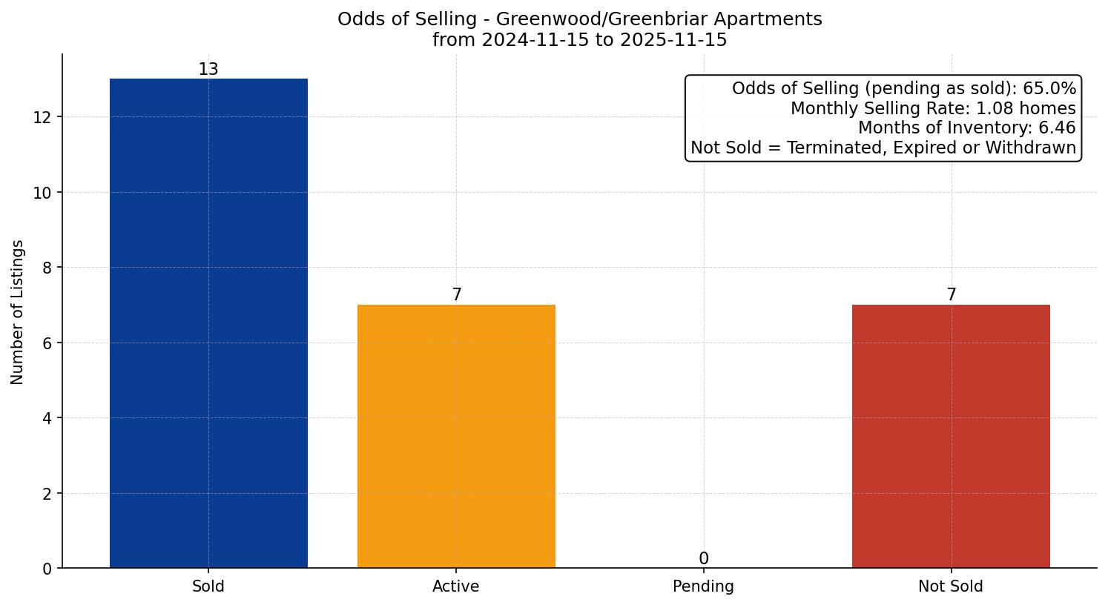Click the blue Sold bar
tap(208, 323)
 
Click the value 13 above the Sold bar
tap(208, 70)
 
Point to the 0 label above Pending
tap(703, 559)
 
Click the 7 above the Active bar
tap(456, 295)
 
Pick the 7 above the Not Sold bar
tap(951, 295)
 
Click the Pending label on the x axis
tap(703, 586)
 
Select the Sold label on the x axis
tap(208, 586)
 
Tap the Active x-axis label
tap(456, 586)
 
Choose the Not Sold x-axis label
tap(951, 586)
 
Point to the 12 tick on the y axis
tap(42, 117)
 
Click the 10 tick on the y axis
tap(42, 193)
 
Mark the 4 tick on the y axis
tap(47, 418)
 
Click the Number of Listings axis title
tap(18, 311)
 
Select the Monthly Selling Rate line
tap(933, 108)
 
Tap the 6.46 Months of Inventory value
tap(1057, 128)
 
